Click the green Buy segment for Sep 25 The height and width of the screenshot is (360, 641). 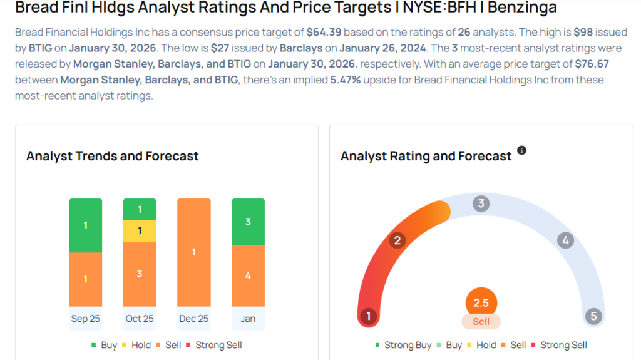click(86, 225)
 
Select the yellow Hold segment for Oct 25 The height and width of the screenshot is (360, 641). click(140, 231)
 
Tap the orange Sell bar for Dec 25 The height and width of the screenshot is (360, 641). click(194, 252)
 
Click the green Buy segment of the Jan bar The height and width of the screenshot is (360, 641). click(248, 222)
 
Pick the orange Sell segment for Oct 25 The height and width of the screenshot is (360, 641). click(140, 274)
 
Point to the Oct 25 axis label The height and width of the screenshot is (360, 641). click(140, 319)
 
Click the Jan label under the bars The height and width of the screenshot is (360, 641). click(248, 319)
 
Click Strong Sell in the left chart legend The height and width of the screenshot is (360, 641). click(213, 345)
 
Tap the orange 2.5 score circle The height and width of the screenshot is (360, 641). click(481, 303)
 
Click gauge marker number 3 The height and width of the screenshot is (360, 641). click(481, 203)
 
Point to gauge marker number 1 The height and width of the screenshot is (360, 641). click(369, 316)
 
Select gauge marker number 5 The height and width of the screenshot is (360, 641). click(593, 316)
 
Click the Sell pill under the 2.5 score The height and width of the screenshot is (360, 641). click(481, 321)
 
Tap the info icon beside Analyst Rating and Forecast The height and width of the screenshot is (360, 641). click(521, 151)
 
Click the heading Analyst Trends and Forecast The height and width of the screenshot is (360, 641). click(113, 156)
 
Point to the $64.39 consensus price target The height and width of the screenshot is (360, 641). click(322, 31)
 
